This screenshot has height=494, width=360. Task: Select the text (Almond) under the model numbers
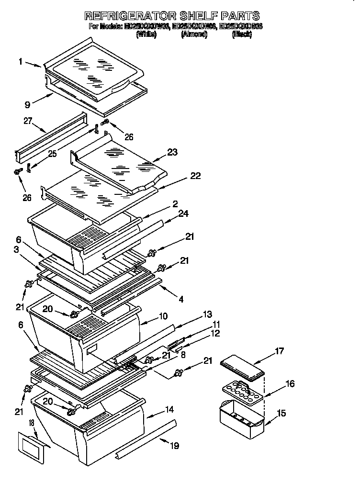pyautogui.click(x=194, y=35)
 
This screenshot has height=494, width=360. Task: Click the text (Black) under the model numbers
pyautogui.click(x=242, y=35)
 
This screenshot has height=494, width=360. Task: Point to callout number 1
pyautogui.click(x=21, y=61)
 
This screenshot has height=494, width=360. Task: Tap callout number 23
pyautogui.click(x=172, y=152)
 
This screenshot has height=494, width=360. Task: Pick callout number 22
pyautogui.click(x=195, y=176)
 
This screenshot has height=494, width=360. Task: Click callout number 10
pyautogui.click(x=163, y=317)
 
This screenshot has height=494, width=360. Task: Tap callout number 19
pyautogui.click(x=174, y=446)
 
